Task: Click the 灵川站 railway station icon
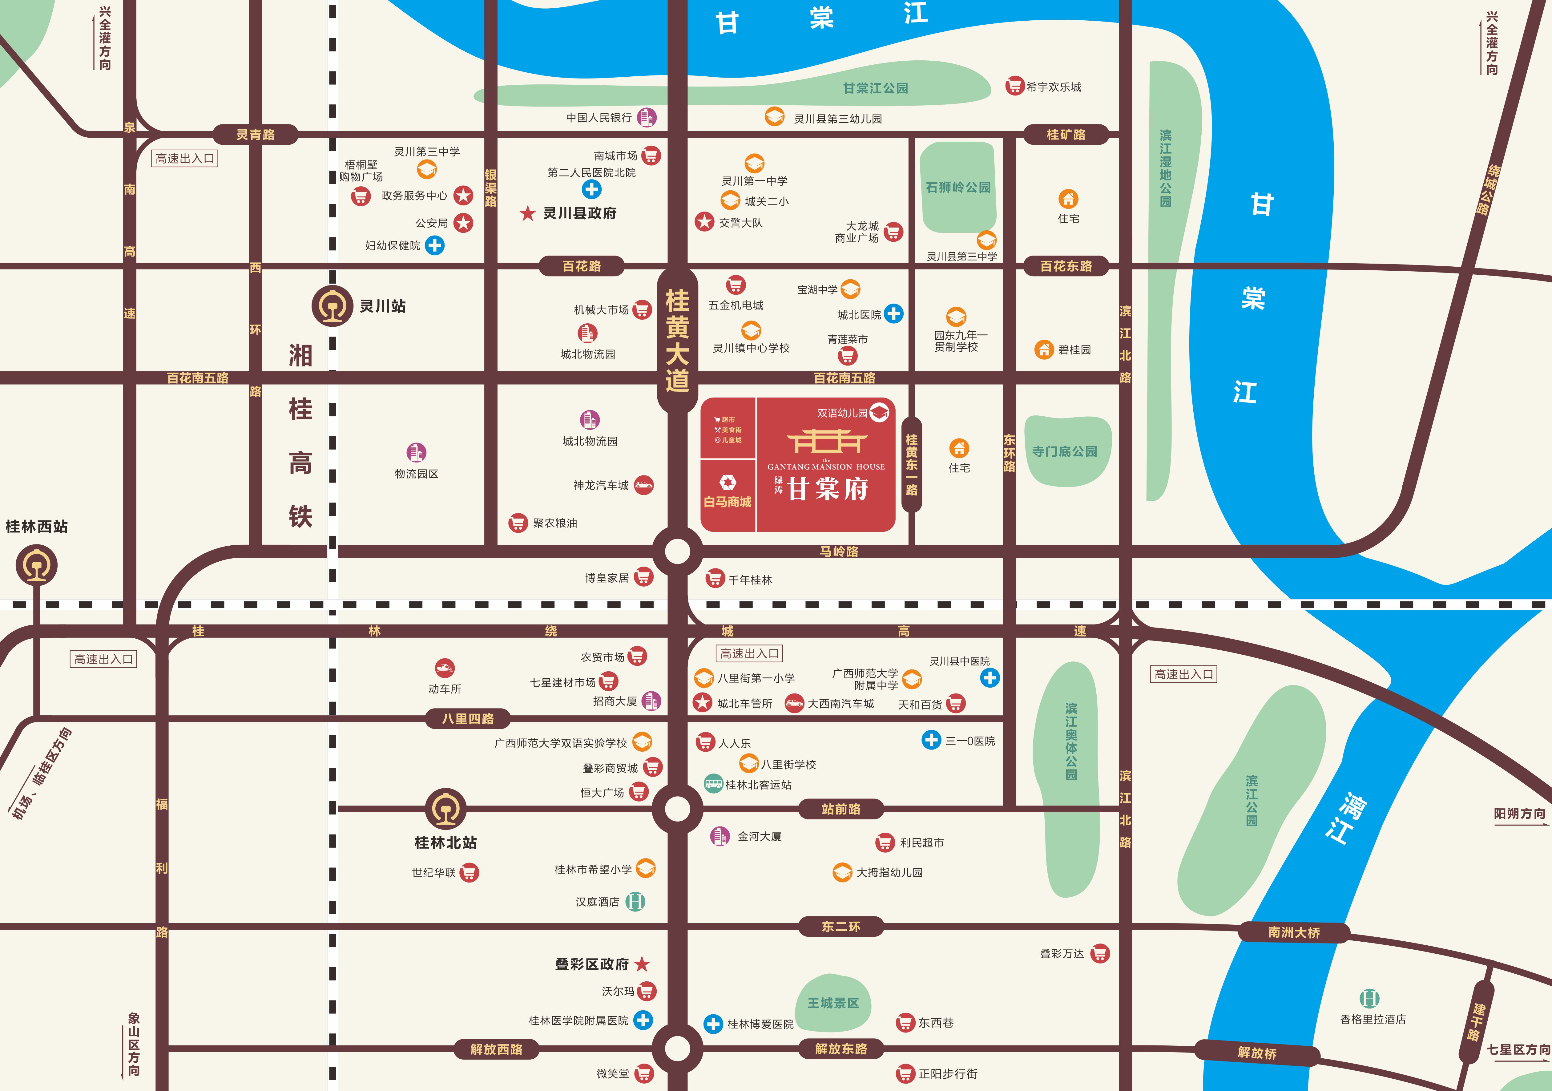pos(332,306)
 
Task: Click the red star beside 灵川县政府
pos(527,214)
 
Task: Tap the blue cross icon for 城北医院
pos(894,314)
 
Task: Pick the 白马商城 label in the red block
pos(727,502)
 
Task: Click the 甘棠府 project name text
pos(828,488)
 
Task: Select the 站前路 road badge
pos(841,808)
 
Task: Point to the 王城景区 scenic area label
pos(833,1003)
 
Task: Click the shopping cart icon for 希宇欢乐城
pos(1014,86)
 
